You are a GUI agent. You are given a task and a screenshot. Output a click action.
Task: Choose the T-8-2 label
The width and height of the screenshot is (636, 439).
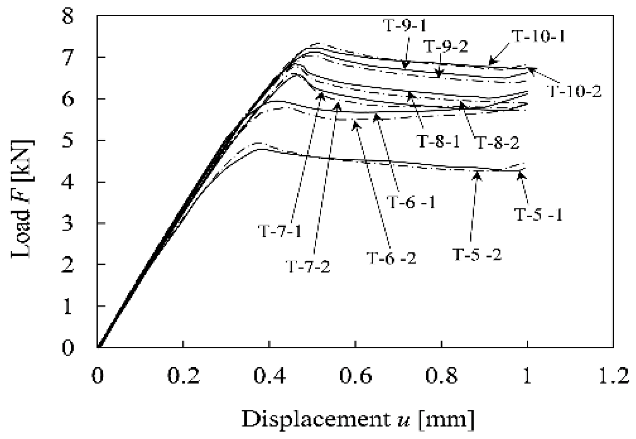coord(498,142)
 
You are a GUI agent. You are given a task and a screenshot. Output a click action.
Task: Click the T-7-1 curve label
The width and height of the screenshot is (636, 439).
coord(280,231)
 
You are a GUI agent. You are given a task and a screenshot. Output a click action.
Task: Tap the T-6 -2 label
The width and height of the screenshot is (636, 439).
coord(391,258)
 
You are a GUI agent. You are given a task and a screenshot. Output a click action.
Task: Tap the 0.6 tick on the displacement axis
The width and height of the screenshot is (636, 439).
coord(355,376)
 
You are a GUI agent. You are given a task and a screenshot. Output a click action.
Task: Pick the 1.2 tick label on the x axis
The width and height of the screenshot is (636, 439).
coord(612,376)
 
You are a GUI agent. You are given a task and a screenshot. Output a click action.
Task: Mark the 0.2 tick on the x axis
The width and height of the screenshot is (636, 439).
coord(183,376)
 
